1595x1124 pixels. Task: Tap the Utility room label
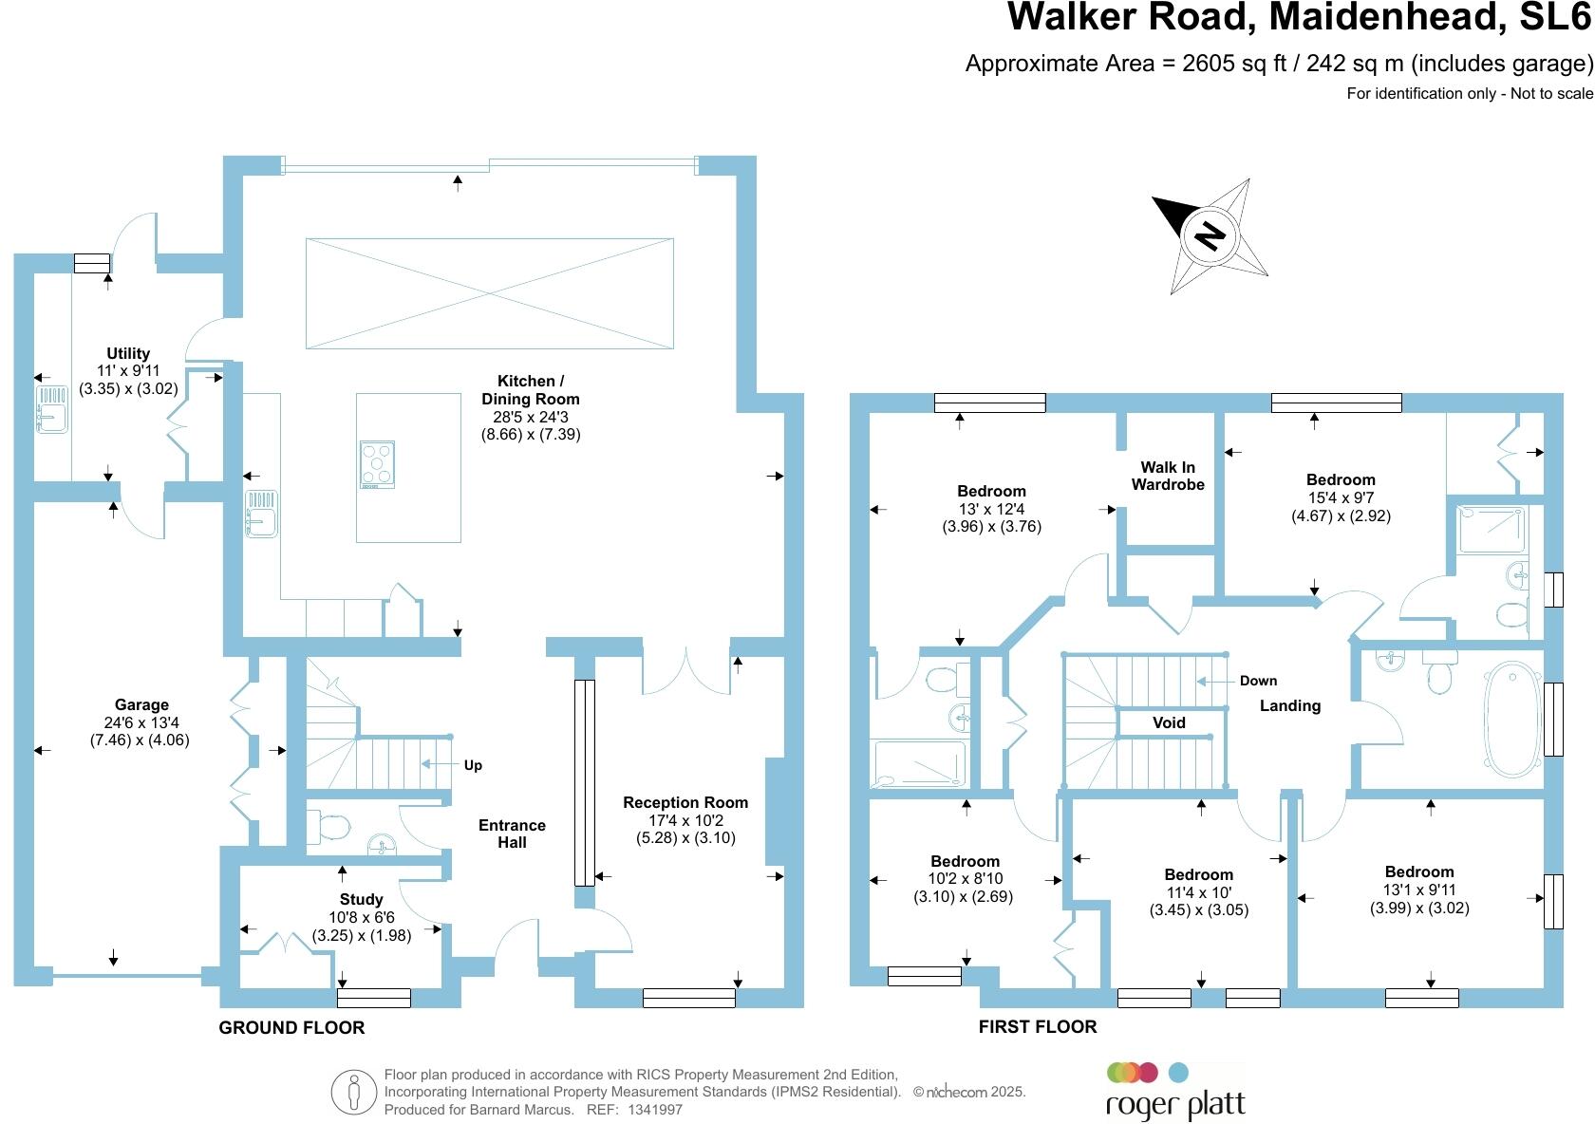click(x=128, y=354)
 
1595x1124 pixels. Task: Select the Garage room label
click(x=141, y=705)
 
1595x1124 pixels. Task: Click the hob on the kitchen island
click(x=377, y=465)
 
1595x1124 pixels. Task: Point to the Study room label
click(x=361, y=899)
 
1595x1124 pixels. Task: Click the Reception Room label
click(x=685, y=803)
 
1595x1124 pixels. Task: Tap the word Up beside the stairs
click(x=473, y=765)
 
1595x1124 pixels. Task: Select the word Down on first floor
click(x=1258, y=681)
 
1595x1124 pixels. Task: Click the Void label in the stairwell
click(x=1169, y=722)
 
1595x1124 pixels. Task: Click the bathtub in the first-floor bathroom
click(x=1512, y=719)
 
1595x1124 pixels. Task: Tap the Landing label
click(x=1289, y=705)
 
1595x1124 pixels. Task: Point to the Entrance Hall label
click(x=512, y=834)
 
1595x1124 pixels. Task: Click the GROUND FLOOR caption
click(x=291, y=1027)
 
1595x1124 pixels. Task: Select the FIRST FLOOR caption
click(x=1038, y=1026)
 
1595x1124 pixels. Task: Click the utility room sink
click(x=51, y=409)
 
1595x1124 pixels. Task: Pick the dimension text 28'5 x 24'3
click(x=530, y=417)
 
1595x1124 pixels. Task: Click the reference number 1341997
click(x=655, y=1109)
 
